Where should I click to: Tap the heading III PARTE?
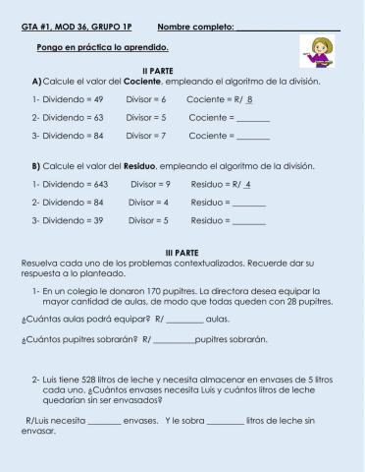coord(182,252)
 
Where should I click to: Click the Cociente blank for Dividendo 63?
coord(253,117)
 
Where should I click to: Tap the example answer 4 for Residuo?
coord(249,184)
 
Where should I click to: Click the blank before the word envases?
coord(104,420)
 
